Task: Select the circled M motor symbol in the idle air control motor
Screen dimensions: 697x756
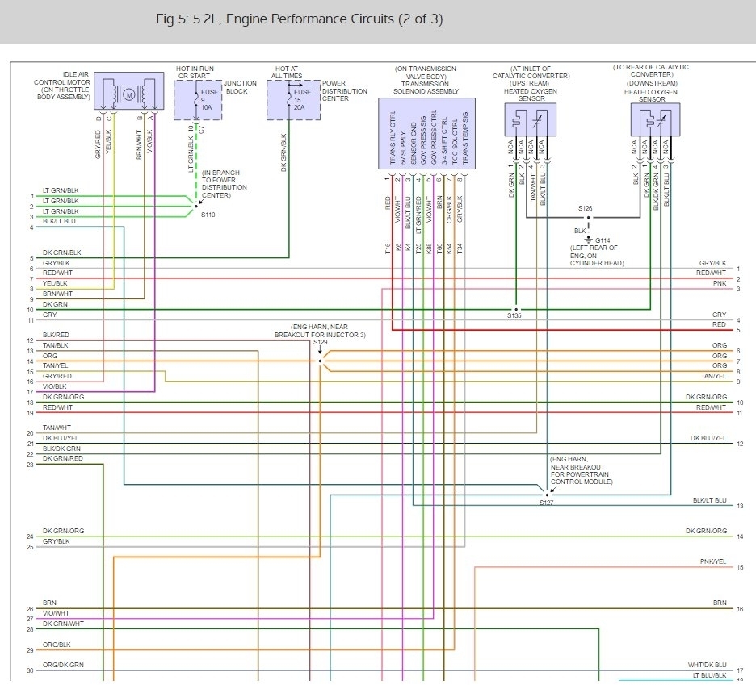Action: coord(128,95)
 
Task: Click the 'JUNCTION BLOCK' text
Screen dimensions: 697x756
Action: coord(241,87)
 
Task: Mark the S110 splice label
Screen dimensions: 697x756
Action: coord(208,215)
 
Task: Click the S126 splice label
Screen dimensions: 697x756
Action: coord(586,208)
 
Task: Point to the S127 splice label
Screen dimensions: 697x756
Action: coord(548,502)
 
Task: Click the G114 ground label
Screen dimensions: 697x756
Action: coord(603,240)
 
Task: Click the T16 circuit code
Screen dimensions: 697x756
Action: coord(387,249)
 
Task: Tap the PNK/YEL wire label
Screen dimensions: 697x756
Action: coord(713,561)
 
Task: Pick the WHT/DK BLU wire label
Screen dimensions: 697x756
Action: coord(709,665)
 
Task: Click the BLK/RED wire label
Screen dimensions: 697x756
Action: coord(56,335)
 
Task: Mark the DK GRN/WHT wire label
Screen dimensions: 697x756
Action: coord(63,624)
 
